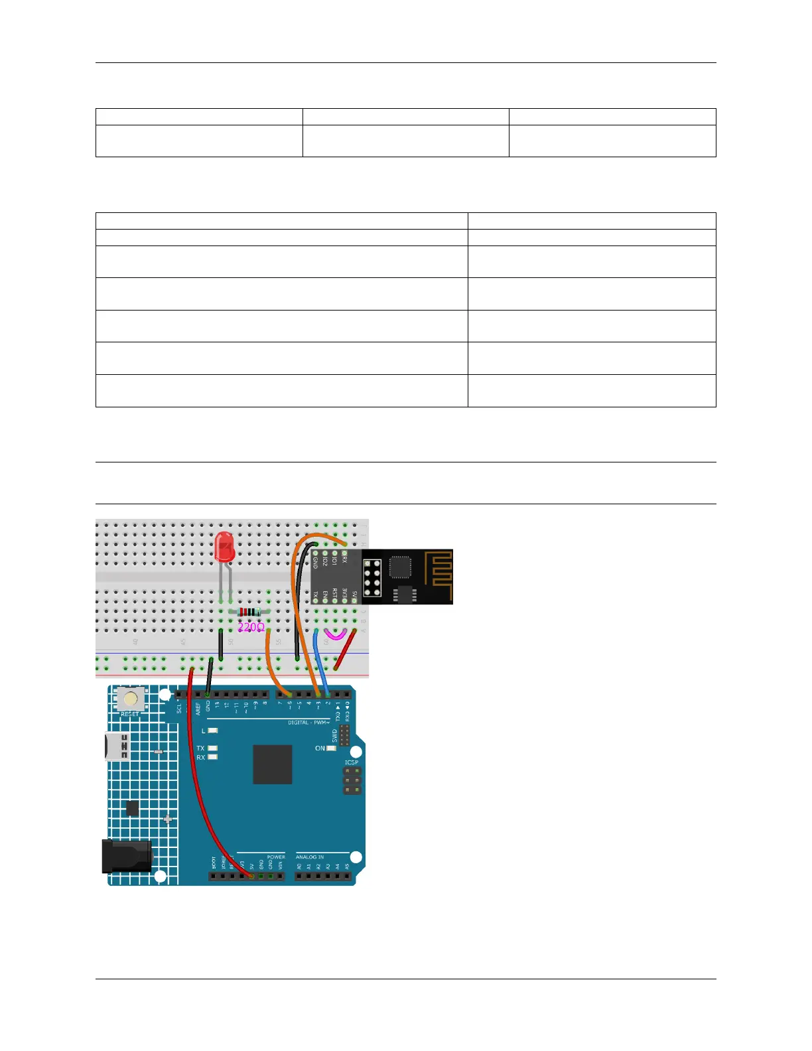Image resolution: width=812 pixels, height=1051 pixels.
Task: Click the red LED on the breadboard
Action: click(225, 548)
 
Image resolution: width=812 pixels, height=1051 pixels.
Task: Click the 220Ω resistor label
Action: click(251, 626)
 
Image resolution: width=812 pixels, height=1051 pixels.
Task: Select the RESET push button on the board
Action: click(131, 698)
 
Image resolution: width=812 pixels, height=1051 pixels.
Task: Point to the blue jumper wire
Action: click(320, 660)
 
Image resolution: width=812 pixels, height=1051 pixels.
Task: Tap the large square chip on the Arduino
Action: click(272, 764)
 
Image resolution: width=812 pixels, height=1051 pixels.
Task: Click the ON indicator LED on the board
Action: click(331, 748)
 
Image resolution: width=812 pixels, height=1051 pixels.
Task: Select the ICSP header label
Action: click(351, 762)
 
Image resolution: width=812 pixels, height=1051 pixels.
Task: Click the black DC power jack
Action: click(126, 856)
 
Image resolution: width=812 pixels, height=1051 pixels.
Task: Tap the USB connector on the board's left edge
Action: click(116, 746)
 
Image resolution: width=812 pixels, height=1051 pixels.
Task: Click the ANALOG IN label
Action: click(310, 857)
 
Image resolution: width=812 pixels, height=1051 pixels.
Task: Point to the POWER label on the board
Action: click(276, 857)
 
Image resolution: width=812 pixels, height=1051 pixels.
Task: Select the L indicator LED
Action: click(212, 731)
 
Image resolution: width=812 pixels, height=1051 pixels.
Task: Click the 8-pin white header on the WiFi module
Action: click(372, 577)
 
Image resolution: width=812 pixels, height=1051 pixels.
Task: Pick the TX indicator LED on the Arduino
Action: click(212, 748)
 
